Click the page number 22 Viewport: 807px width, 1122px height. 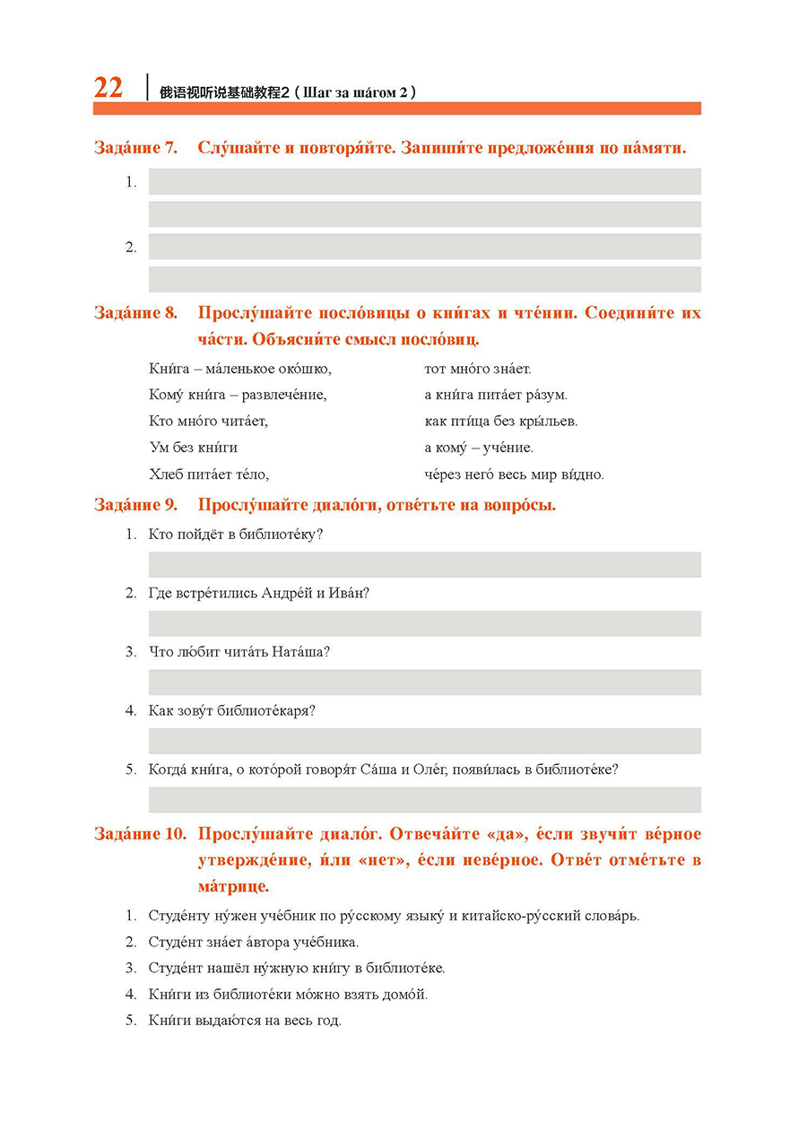click(x=108, y=88)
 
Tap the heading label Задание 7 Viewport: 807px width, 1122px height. click(x=135, y=148)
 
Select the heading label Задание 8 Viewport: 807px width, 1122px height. click(x=135, y=313)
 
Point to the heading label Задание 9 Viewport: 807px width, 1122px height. click(x=135, y=505)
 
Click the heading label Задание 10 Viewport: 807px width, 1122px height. click(x=140, y=834)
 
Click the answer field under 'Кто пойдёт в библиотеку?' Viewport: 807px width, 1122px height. click(x=424, y=564)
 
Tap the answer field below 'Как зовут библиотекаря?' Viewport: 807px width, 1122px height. click(x=424, y=741)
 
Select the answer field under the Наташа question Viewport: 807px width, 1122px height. click(x=424, y=682)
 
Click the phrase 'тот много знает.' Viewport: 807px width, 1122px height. click(x=478, y=369)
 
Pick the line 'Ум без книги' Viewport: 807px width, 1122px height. click(x=193, y=448)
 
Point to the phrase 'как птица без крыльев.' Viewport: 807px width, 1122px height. click(x=500, y=422)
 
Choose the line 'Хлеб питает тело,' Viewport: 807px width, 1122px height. click(x=209, y=474)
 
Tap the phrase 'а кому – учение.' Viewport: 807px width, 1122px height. click(x=479, y=448)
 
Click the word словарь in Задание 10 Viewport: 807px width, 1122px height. click(x=614, y=917)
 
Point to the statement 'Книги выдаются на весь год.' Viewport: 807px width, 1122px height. click(x=245, y=1021)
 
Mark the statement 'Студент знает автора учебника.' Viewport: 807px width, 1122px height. click(x=254, y=943)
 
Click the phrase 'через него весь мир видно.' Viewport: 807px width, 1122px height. click(x=514, y=474)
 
